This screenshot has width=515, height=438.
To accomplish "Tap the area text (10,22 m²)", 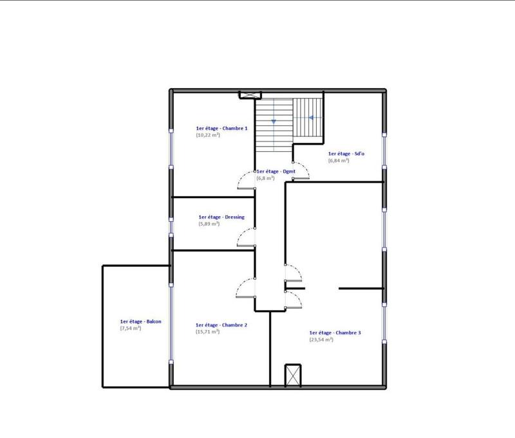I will tap(209, 135).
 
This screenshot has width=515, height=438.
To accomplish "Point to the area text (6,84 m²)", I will tap(338, 160).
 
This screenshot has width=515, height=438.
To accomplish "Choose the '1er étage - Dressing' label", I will tap(221, 217).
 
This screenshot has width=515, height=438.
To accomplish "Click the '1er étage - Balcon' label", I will tap(140, 322).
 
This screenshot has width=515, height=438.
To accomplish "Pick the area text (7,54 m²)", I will tap(131, 328).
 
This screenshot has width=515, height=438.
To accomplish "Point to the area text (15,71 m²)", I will tap(208, 332).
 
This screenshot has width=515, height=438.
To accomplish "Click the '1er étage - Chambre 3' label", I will tap(335, 333).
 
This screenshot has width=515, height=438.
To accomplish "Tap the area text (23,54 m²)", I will tap(321, 339).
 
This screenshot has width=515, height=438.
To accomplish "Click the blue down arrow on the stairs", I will tap(274, 121).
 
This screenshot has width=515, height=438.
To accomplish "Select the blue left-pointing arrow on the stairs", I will tap(311, 118).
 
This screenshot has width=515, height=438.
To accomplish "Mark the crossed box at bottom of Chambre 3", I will tap(293, 374).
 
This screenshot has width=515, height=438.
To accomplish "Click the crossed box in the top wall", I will tap(247, 95).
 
